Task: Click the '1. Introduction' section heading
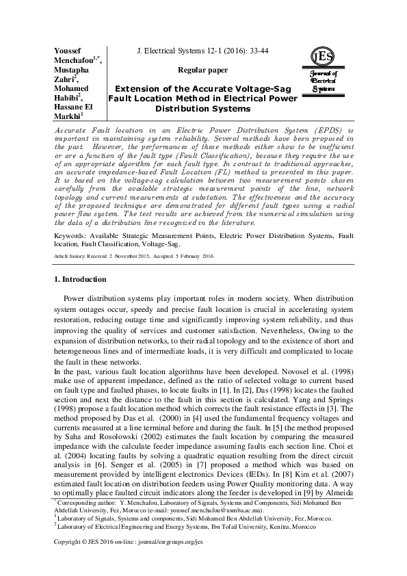tap(80, 298)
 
